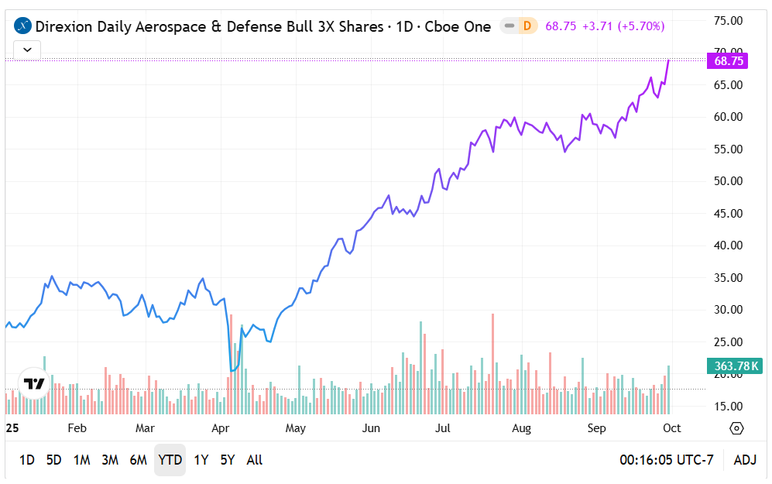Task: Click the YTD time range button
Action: pyautogui.click(x=170, y=460)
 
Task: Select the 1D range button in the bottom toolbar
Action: pyautogui.click(x=26, y=460)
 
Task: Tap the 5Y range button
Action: pyautogui.click(x=227, y=460)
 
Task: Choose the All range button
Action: pyautogui.click(x=254, y=460)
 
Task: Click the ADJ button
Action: pyautogui.click(x=745, y=460)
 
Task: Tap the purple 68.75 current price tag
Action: pyautogui.click(x=729, y=61)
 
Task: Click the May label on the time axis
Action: pyautogui.click(x=295, y=428)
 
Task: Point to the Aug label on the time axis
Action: pyautogui.click(x=521, y=428)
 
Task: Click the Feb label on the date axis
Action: pyautogui.click(x=77, y=428)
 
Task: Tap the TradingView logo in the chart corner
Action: pyautogui.click(x=34, y=383)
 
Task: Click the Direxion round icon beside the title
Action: pyautogui.click(x=23, y=26)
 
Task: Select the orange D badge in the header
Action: pyautogui.click(x=527, y=26)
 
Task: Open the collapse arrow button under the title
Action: pyautogui.click(x=28, y=50)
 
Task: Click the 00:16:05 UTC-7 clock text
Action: pyautogui.click(x=666, y=460)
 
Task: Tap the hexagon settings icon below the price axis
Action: pyautogui.click(x=736, y=428)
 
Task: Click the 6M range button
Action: pyautogui.click(x=138, y=460)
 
